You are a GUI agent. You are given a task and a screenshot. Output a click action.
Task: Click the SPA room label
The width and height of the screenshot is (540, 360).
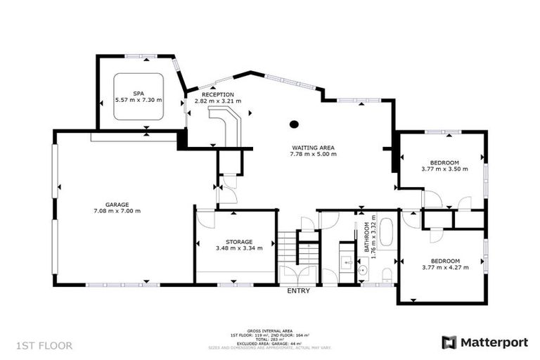pos(139,94)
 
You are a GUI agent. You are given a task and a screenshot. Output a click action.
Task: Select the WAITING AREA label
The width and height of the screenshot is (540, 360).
pos(313,148)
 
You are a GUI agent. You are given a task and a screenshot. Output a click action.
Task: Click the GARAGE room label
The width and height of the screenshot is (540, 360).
pos(117,205)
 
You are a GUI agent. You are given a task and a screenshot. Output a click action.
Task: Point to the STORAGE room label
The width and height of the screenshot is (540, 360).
pos(239,241)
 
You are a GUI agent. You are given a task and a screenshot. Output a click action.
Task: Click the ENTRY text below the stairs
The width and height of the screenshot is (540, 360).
pos(299,290)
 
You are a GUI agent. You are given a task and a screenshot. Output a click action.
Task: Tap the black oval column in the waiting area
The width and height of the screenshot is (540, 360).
pos(294,124)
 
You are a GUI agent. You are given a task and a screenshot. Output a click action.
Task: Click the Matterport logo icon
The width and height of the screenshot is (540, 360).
pos(449,342)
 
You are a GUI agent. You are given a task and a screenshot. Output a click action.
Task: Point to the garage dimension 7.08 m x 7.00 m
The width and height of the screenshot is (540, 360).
pos(117,211)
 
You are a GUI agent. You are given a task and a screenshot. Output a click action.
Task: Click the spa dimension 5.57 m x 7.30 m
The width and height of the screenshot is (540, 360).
pos(139,100)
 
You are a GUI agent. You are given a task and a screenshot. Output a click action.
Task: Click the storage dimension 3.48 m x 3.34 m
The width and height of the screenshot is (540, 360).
pos(239,247)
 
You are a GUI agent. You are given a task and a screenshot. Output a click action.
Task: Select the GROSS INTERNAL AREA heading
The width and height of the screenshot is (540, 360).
pos(280,330)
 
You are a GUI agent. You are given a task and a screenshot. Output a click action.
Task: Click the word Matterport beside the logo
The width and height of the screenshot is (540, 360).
pos(494,342)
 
